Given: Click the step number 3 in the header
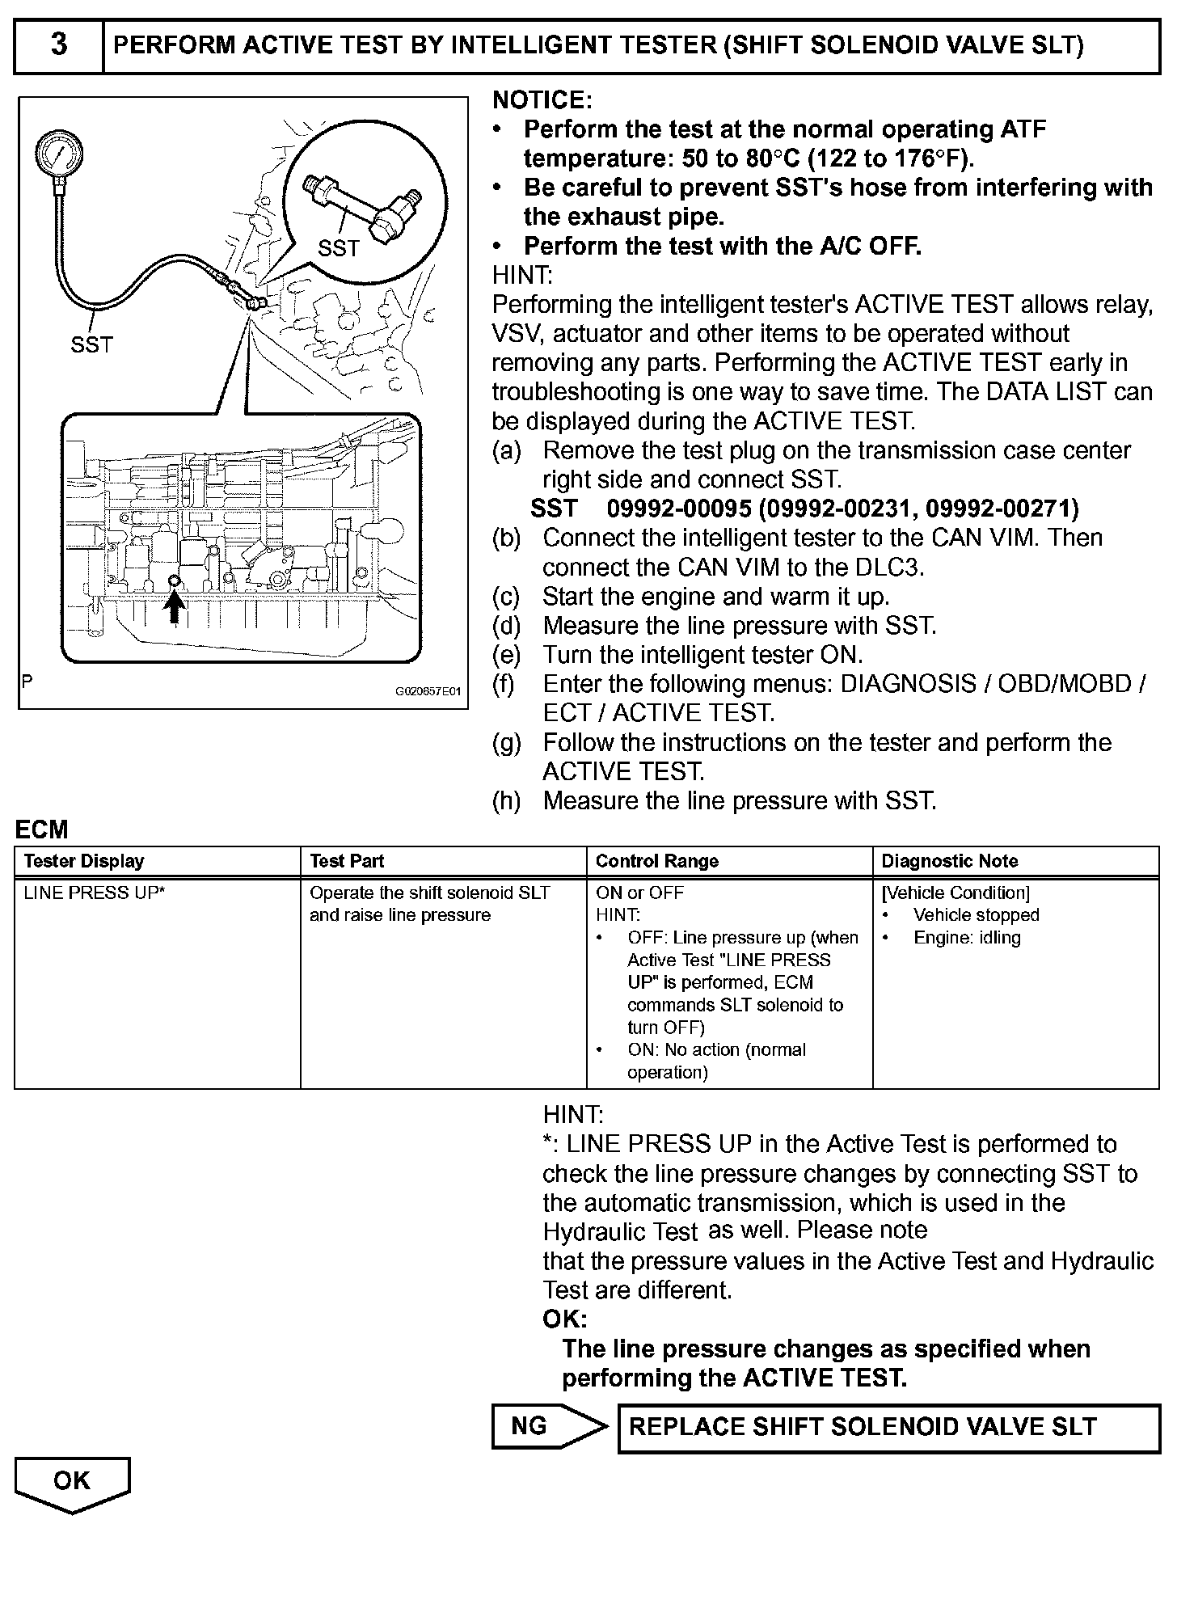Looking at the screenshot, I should [58, 45].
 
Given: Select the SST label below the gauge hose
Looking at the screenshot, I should [91, 345].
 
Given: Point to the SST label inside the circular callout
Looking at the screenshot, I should [338, 248].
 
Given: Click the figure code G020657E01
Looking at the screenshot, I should [428, 692].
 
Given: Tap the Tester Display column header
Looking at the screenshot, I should [84, 861].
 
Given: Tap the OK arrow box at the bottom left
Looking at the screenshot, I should [72, 1482].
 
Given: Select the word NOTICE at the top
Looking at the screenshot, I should [542, 100].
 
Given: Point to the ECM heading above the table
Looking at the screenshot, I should [42, 829].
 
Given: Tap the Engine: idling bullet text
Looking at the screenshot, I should [967, 938].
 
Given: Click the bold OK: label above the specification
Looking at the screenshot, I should [564, 1319].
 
